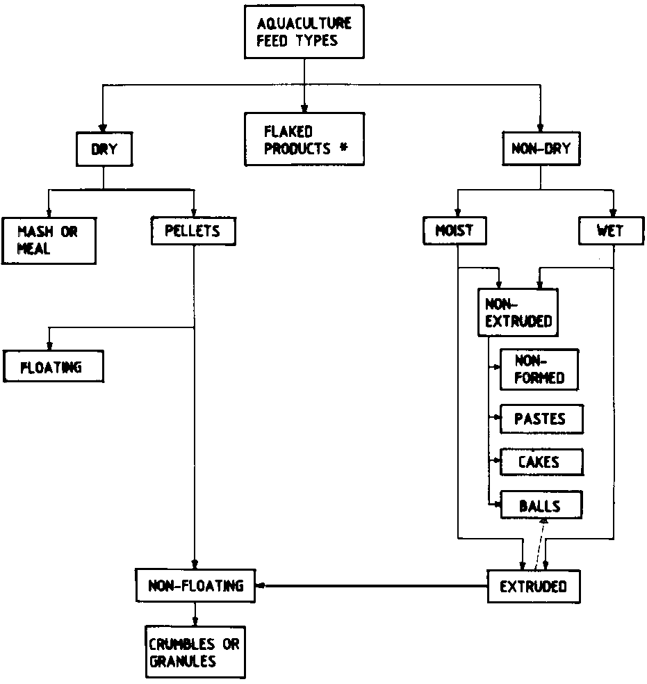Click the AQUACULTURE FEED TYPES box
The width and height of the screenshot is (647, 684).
coord(304,32)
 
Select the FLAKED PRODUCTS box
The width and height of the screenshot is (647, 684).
coord(304,139)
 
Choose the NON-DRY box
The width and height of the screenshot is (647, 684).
coord(541,148)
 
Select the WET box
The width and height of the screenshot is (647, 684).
coord(611,231)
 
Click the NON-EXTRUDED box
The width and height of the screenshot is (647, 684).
coord(518,312)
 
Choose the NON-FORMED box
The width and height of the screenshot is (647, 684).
coord(539,369)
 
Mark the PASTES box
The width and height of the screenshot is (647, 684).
coord(541,419)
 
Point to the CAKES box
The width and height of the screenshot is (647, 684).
coord(541,462)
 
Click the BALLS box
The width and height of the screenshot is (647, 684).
coord(541,505)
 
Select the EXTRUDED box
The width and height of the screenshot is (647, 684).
coord(533,586)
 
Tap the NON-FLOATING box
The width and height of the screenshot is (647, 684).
coord(195,585)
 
